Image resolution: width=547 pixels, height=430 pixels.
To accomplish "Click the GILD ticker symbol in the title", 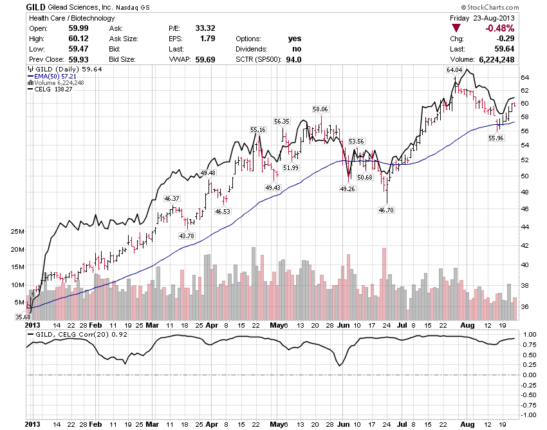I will coord(35,6).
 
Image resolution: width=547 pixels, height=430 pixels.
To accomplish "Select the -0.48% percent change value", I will coord(499,28).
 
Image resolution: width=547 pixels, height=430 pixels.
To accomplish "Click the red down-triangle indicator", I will coord(456,28).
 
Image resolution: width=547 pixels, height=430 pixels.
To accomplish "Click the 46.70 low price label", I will coord(385,210).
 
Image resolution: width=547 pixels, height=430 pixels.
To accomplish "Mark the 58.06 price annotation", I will coord(320,109).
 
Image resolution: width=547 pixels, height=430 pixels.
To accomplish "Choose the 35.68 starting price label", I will coord(23,317).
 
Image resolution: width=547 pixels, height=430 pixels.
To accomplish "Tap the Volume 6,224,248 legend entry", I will coord(58,82).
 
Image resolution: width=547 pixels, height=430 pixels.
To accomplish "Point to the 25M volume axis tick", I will coord(17,231).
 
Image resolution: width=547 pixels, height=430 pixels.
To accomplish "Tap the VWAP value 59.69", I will coord(205,60).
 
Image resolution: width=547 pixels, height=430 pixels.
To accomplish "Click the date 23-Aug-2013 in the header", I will coord(500,18).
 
